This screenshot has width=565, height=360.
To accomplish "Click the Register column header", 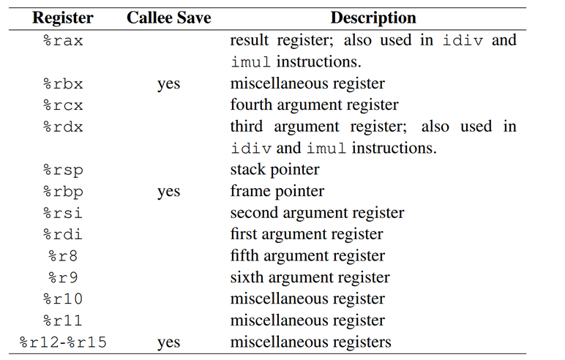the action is coord(63,18).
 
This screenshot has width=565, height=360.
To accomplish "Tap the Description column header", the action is coord(373,18).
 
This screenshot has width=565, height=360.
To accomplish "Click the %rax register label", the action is coord(63,40).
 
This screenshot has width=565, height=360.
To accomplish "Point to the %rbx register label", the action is coord(63,83).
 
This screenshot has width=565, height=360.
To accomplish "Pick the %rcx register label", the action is coord(63,105).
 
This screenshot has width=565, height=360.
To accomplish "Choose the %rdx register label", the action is coord(63,127).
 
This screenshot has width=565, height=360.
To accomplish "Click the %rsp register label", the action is coord(63,170).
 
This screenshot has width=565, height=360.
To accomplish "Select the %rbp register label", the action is coord(63,191).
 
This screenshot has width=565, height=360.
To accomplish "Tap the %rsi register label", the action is coord(63,213).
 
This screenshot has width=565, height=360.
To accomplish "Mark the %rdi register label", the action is coord(63,234).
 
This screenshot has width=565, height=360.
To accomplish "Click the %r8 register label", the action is coord(63,256).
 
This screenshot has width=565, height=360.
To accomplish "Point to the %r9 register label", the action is coord(63,277).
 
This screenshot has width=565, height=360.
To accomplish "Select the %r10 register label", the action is coord(63,299).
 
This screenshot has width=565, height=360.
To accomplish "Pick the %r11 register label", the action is coord(63,320).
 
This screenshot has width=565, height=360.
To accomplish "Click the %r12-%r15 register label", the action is coord(63,342).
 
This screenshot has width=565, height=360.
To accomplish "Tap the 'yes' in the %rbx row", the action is coord(168,83).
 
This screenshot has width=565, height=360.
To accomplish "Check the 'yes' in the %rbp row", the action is coord(168,191).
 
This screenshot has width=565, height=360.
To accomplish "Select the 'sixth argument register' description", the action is coord(310,277).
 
